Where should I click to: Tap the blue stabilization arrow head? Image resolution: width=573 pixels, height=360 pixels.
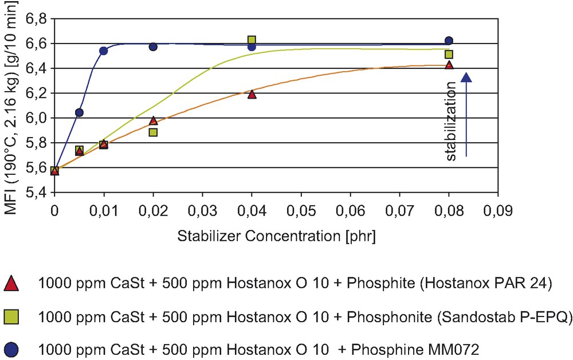point(466,79)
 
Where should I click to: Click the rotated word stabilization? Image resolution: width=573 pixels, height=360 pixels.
point(451,120)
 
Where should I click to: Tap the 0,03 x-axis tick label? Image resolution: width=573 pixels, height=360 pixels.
point(202,210)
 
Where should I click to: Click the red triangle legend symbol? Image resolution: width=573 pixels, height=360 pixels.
point(12,283)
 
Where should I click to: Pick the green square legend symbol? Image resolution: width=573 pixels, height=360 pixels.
point(12,316)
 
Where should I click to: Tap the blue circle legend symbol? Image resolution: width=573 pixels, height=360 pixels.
point(12,347)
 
